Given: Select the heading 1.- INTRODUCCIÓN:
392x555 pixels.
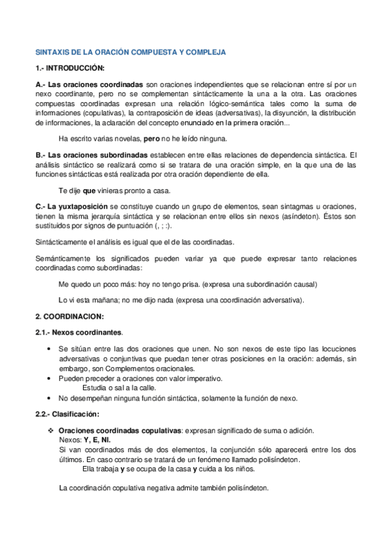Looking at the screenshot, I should pos(69,67).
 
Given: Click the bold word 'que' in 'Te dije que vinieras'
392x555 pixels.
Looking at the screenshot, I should pos(90,190).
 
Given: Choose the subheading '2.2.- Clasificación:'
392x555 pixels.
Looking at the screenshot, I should pos(67,414).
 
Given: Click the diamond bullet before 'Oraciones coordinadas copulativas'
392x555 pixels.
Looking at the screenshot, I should pos(52,430).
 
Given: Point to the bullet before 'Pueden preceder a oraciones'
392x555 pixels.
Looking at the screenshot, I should pos(52,378).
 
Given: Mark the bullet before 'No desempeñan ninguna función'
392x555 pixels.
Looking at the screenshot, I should pos(52,398).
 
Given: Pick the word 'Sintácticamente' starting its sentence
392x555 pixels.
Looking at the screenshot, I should pos(64,242).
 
